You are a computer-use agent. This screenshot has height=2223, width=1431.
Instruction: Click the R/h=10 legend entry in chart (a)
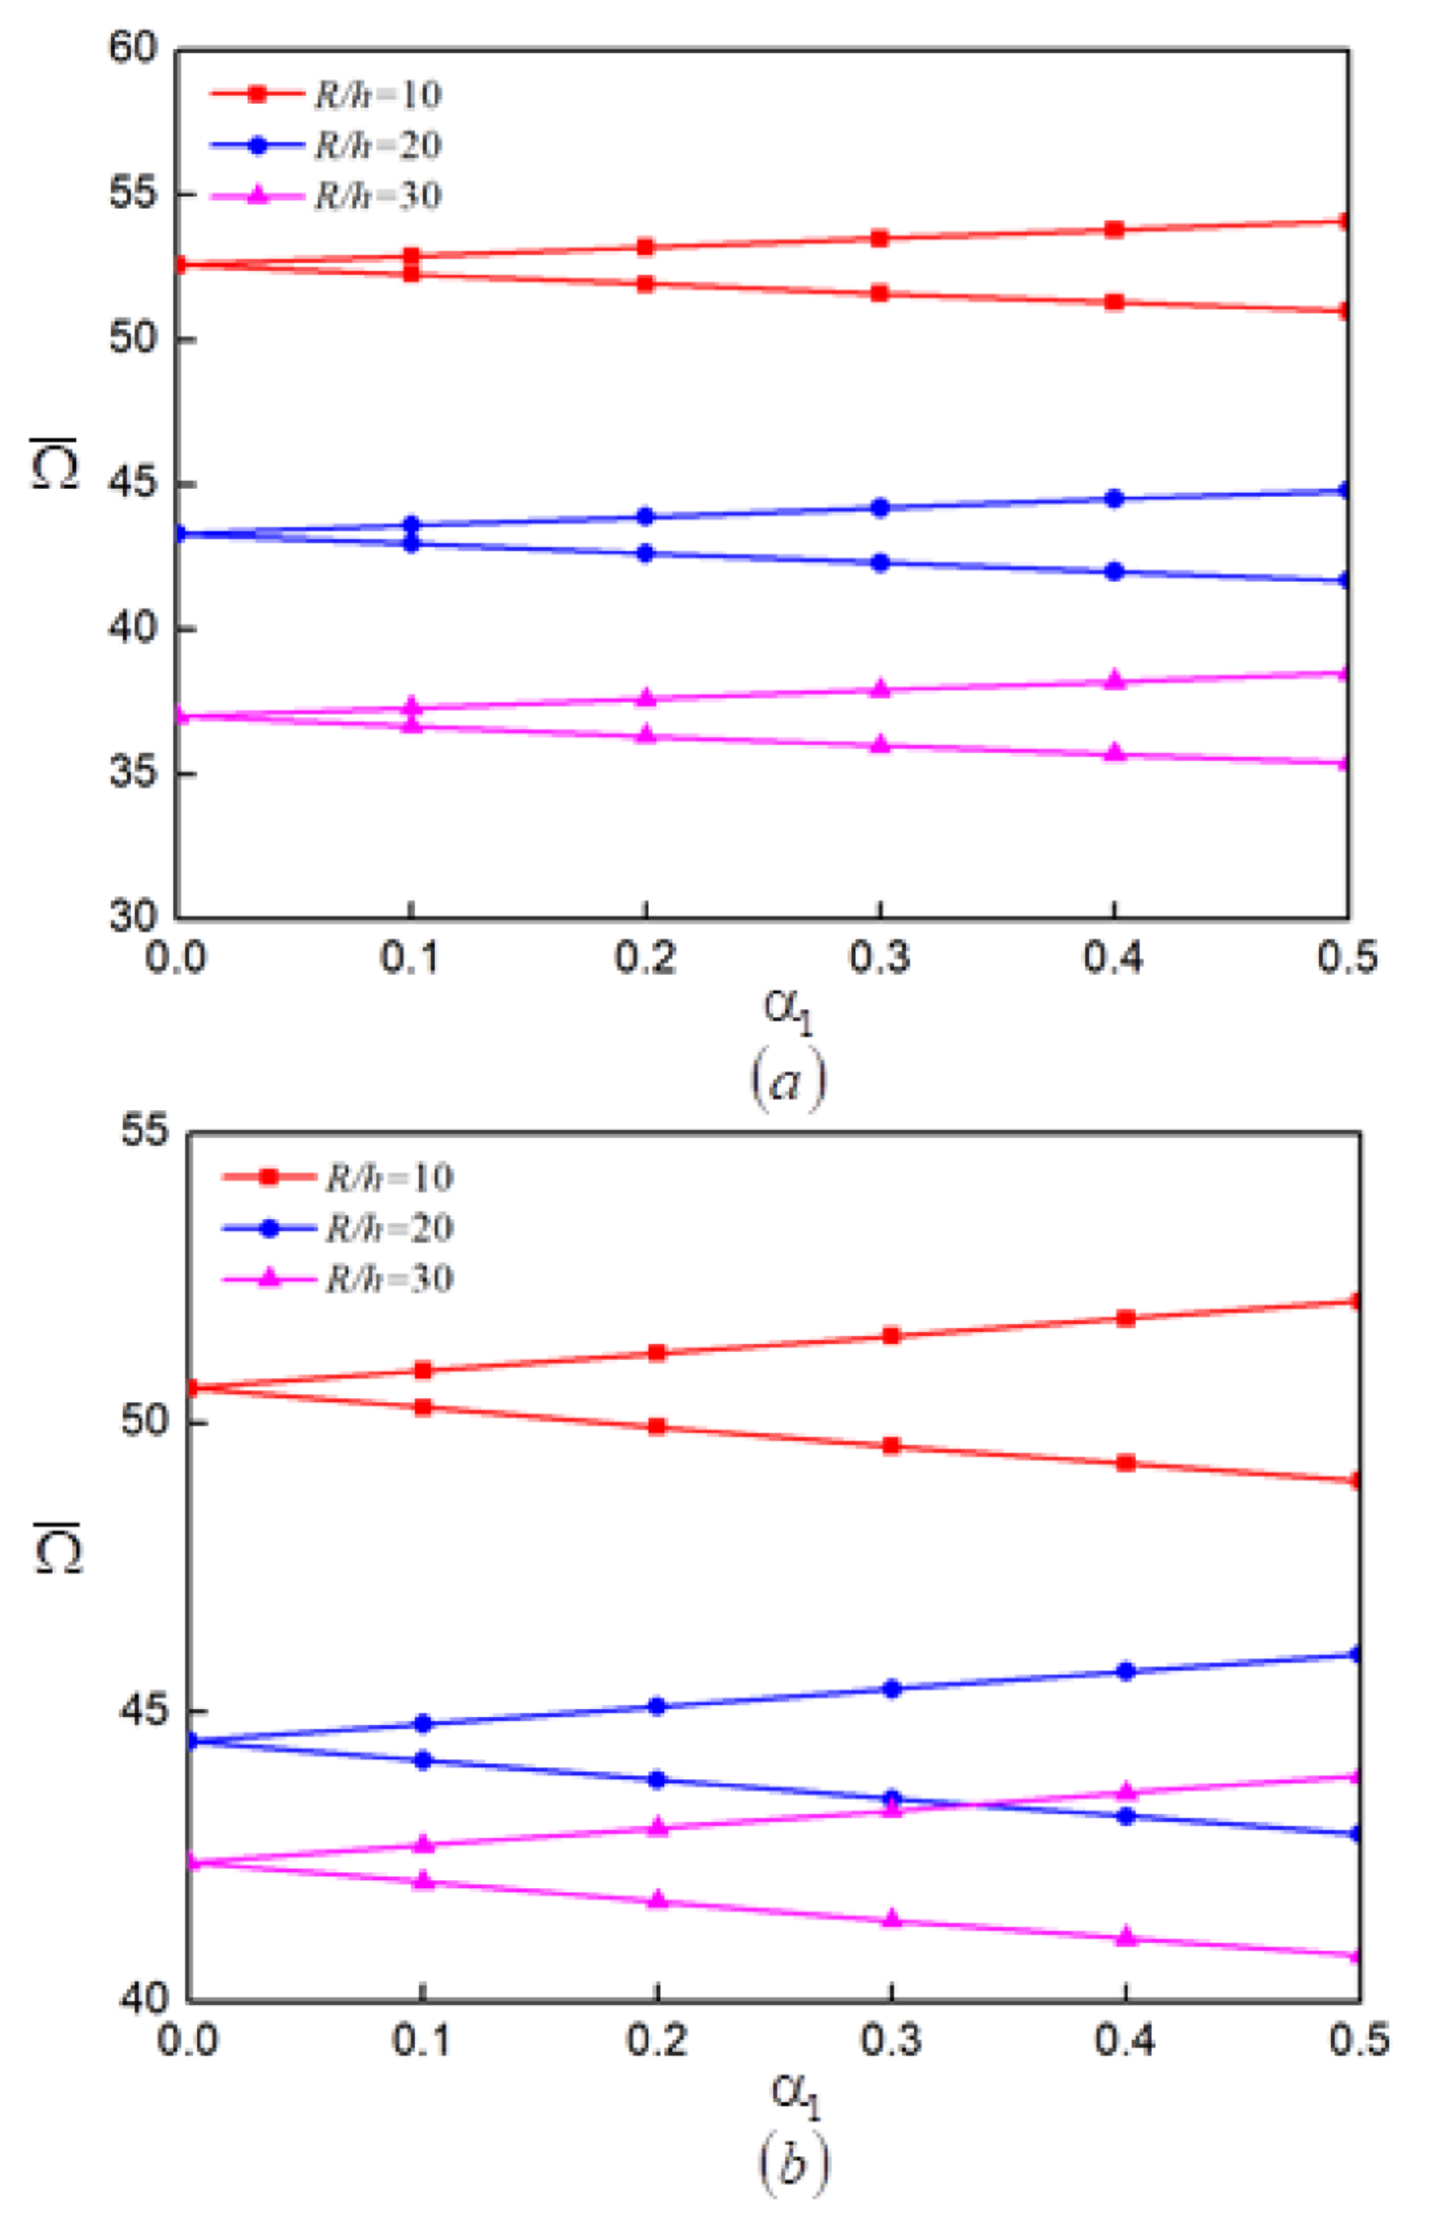point(325,94)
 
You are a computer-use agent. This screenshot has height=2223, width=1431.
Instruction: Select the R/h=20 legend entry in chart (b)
point(337,1229)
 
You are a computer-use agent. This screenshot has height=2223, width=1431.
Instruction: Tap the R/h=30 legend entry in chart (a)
point(325,195)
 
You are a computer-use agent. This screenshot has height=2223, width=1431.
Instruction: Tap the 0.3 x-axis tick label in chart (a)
point(879,957)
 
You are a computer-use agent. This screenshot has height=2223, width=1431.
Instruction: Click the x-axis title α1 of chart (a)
point(788,1011)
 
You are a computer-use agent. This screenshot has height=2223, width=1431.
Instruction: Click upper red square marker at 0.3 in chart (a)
point(879,238)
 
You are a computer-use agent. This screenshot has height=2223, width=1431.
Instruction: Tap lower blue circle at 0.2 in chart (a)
point(645,554)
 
